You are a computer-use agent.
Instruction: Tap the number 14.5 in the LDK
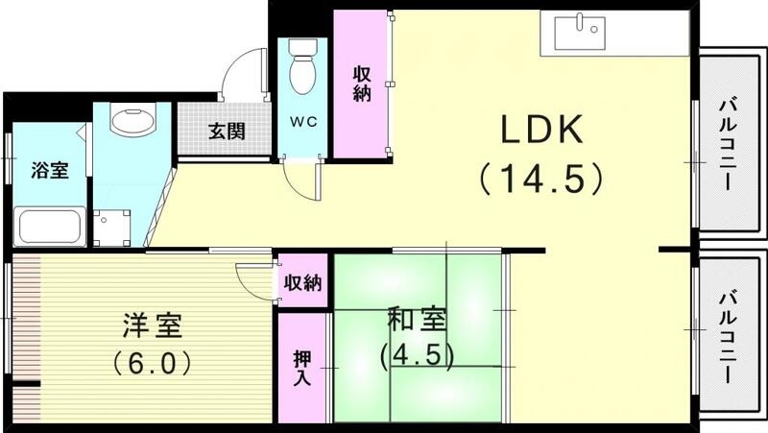[541, 179]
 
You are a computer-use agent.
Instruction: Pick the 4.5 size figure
[416, 355]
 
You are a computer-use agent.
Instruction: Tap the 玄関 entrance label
[226, 131]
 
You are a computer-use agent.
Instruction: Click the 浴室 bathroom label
[50, 171]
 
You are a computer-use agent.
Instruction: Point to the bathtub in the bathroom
[50, 228]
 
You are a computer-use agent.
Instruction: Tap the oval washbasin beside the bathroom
[132, 121]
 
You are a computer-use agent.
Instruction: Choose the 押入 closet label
[303, 369]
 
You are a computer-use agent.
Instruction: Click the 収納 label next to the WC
[362, 84]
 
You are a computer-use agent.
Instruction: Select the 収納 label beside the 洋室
[302, 284]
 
